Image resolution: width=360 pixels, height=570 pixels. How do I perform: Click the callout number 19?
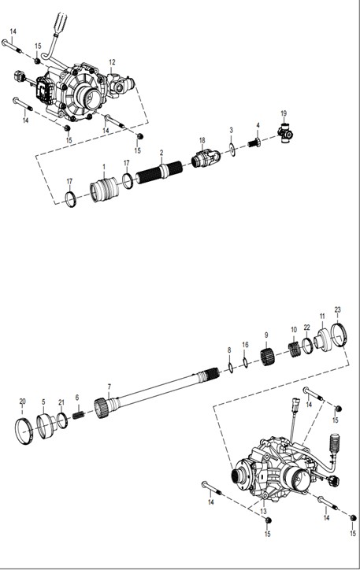pyautogui.click(x=284, y=114)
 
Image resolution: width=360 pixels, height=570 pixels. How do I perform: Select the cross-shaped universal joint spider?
pyautogui.click(x=286, y=133)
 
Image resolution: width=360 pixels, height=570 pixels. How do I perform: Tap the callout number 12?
pyautogui.click(x=112, y=62)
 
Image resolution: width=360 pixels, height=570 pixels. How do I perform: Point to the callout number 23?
pyautogui.click(x=338, y=309)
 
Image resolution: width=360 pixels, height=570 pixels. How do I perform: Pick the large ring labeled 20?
pyautogui.click(x=24, y=431)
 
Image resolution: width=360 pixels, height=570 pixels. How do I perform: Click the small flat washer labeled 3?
pyautogui.click(x=232, y=149)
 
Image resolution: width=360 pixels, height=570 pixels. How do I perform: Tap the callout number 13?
pyautogui.click(x=263, y=512)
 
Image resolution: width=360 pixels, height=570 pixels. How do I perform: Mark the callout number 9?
pyautogui.click(x=266, y=335)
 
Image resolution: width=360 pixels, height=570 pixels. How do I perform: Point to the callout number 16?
pyautogui.click(x=246, y=344)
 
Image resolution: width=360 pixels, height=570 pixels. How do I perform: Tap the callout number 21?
pyautogui.click(x=61, y=402)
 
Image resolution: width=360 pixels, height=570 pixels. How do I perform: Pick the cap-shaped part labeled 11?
pyautogui.click(x=323, y=340)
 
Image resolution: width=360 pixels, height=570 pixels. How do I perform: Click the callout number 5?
pyautogui.click(x=43, y=402)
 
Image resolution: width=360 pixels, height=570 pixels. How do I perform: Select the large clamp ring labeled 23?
pyautogui.click(x=340, y=335)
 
